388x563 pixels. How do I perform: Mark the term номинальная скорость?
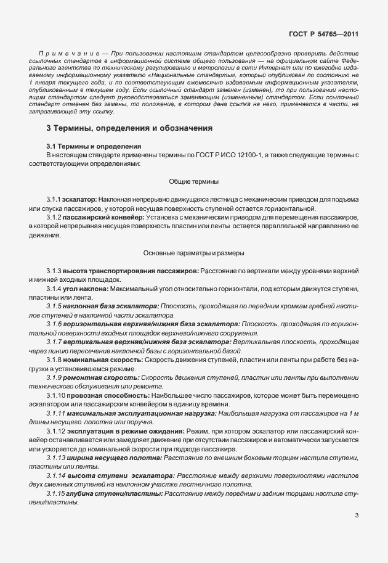95,359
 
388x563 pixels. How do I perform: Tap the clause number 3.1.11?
57,412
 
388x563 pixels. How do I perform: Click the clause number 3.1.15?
57,494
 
